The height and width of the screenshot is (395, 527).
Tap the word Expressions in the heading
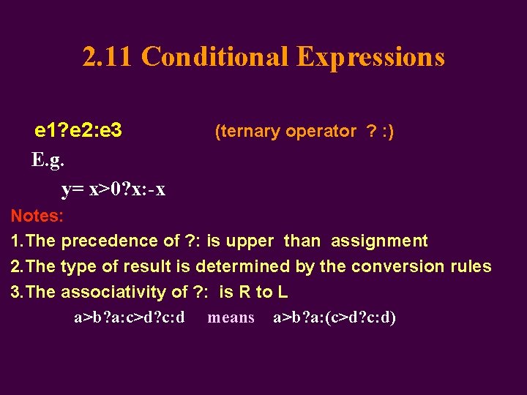[371, 57]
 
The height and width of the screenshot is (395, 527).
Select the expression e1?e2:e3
[78, 132]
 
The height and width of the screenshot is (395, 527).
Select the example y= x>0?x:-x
[113, 189]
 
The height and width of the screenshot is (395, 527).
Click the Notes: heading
[37, 216]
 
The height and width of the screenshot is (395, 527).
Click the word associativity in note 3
[124, 292]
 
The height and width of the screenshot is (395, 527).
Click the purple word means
[231, 317]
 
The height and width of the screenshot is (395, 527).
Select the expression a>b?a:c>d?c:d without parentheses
[130, 317]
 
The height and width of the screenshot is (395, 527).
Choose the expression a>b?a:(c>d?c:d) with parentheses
[334, 317]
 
